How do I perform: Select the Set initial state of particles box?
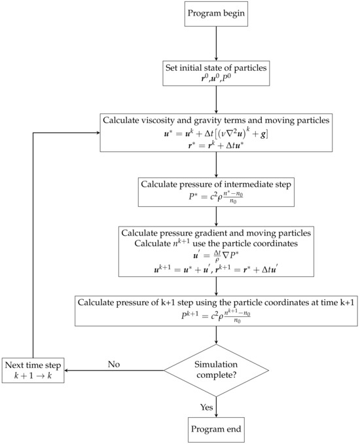pyautogui.click(x=215, y=71)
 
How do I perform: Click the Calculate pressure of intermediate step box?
pyautogui.click(x=215, y=189)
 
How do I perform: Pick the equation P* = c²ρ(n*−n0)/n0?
pyautogui.click(x=215, y=196)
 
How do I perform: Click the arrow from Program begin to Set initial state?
pyautogui.click(x=215, y=43)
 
